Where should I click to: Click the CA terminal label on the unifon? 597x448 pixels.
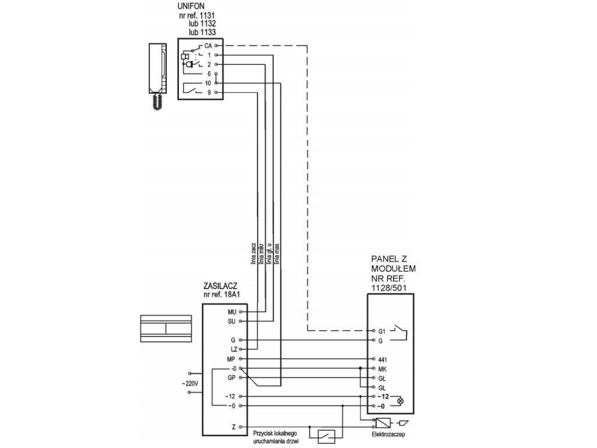click(208, 45)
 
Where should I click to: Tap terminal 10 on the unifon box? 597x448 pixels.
click(208, 83)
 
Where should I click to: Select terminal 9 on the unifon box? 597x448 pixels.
click(209, 93)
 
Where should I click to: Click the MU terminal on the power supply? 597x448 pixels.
click(231, 312)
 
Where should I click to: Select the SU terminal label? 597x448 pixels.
click(231, 321)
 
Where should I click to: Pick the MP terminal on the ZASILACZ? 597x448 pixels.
click(231, 358)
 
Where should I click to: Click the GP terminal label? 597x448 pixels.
click(231, 377)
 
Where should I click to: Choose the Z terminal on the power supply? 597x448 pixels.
click(233, 427)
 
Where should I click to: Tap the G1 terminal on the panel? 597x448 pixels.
click(382, 331)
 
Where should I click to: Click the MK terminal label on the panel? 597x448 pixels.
click(383, 369)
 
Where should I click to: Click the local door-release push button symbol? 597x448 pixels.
click(327, 434)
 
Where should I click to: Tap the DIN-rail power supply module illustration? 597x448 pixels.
click(166, 329)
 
